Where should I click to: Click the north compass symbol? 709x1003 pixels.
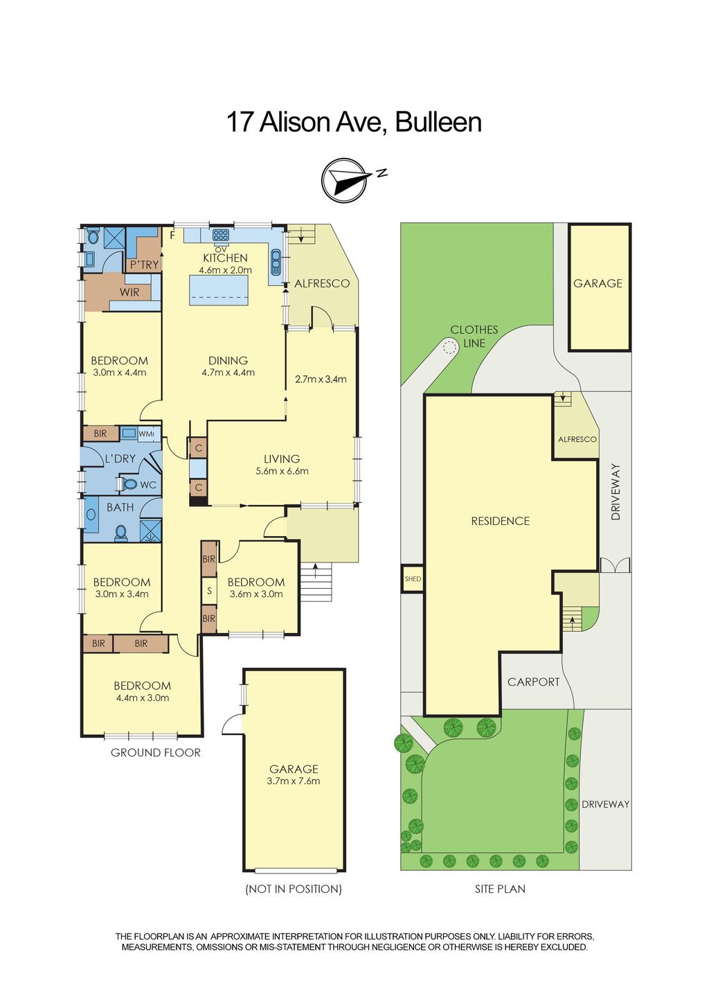point(345,181)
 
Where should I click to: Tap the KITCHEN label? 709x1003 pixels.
point(225,258)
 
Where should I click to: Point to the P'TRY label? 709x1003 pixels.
point(145,265)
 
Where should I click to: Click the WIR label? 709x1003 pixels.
point(129,292)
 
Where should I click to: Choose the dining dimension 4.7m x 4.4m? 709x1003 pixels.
point(228,373)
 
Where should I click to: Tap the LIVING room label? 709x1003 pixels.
point(282,459)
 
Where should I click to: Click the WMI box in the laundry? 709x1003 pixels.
point(146,434)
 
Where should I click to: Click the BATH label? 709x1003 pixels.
point(120,507)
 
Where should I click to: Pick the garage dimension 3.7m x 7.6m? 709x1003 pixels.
point(294,781)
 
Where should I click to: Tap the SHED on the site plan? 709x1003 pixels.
point(412,578)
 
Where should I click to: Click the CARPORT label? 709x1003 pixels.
point(533,682)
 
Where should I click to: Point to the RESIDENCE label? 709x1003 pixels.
point(501,521)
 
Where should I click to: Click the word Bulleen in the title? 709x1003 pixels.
point(438,122)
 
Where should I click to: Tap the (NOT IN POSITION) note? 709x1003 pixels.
point(294,889)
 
